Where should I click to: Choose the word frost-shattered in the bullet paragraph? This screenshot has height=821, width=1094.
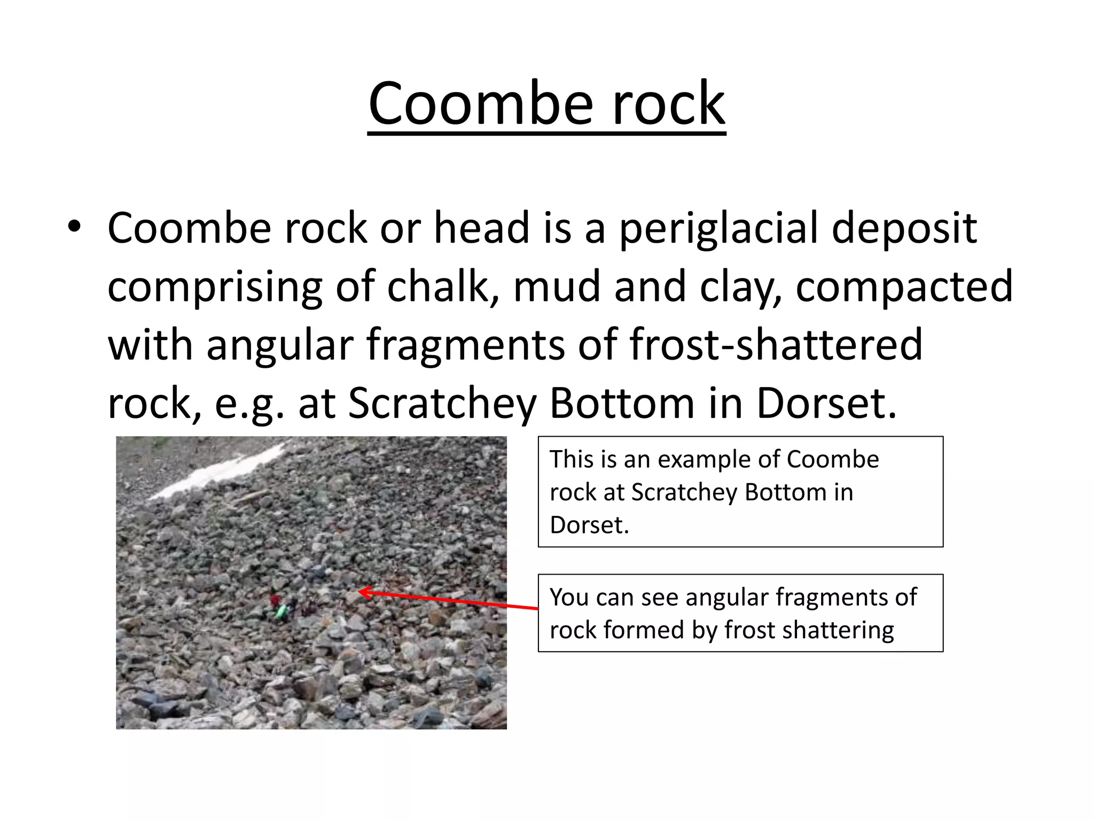pyautogui.click(x=776, y=345)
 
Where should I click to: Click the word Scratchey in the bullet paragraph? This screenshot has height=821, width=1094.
pyautogui.click(x=442, y=404)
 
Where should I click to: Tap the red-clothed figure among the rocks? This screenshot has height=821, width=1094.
pyautogui.click(x=275, y=600)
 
